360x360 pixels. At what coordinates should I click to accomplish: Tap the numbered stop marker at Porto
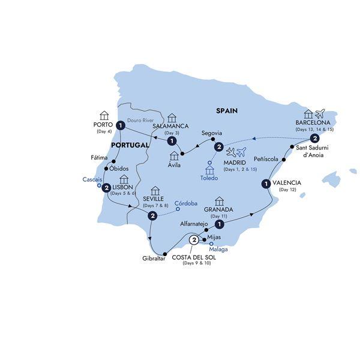point(121,125)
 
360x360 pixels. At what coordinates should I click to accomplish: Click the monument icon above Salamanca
point(172,116)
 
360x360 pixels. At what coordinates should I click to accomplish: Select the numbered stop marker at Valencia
point(265,184)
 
